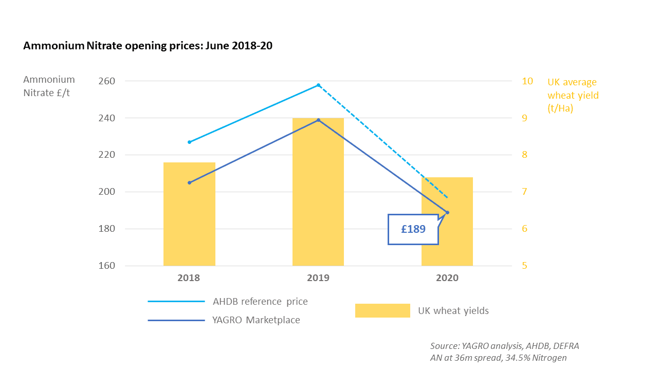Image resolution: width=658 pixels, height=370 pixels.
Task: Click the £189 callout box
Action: coord(413,229)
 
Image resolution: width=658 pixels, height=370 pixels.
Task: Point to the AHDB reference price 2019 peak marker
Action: coord(318,85)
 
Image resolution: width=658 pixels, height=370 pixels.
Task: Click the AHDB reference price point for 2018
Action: coord(189,142)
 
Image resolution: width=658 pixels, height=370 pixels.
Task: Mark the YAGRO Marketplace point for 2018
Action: coord(189,182)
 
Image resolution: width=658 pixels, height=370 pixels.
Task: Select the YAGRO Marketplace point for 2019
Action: coord(318,120)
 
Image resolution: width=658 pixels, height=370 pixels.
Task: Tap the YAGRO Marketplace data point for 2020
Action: coord(447,212)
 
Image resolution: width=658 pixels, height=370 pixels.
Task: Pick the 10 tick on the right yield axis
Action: coord(527,81)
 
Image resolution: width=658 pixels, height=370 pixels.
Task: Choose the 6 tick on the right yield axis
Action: coord(525,229)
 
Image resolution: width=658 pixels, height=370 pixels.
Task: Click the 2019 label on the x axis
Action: coord(318,278)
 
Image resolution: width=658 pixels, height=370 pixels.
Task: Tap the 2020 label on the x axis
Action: coord(447,278)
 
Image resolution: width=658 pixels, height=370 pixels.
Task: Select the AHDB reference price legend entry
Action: coord(260,302)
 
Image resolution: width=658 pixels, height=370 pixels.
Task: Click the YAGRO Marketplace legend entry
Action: coord(256,320)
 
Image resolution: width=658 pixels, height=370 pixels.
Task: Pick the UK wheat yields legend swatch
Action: coord(382,310)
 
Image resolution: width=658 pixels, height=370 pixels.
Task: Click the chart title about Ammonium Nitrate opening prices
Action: coord(148,46)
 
